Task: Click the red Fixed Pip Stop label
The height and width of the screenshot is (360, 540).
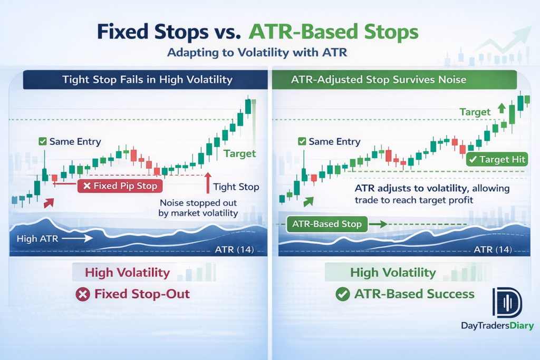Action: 120,186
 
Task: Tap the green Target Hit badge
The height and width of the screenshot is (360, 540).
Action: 497,159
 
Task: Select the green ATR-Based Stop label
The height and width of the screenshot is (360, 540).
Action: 327,224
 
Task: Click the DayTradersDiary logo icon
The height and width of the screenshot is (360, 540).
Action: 507,303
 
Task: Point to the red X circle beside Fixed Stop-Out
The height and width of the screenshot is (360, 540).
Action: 83,295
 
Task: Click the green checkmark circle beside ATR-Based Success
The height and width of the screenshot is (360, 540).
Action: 343,294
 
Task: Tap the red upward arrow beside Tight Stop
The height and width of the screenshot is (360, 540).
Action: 208,183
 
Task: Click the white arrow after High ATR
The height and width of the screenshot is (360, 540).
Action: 77,238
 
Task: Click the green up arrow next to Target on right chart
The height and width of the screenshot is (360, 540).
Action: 502,109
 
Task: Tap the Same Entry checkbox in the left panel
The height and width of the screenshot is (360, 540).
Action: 43,141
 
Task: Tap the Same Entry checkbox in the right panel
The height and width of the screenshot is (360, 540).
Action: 302,141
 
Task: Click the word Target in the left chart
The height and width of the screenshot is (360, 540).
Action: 240,153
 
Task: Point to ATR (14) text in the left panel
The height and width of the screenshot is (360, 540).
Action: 235,249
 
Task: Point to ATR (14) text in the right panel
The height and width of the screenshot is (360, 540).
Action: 493,249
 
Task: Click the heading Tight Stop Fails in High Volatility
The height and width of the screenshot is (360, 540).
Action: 148,80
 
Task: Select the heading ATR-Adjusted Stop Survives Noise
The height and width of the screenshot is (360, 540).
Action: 379,80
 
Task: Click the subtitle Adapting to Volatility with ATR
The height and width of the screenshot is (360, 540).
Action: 257,52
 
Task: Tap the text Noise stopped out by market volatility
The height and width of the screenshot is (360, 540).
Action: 198,208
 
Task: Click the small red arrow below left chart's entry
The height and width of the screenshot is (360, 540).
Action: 49,203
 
